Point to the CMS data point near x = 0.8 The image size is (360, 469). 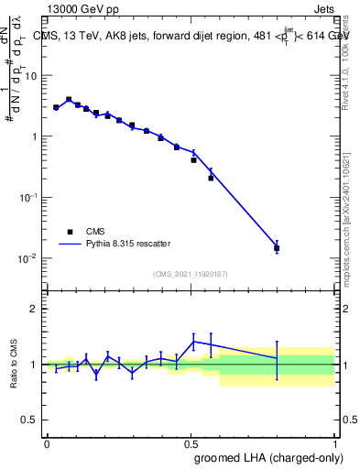277,248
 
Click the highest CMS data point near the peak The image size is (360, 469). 69,100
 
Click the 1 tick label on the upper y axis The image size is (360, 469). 34,136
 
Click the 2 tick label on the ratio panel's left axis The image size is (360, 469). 34,309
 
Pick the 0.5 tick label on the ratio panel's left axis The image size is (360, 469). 29,420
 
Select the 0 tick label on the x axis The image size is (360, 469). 47,443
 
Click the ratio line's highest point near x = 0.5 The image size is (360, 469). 193,342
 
